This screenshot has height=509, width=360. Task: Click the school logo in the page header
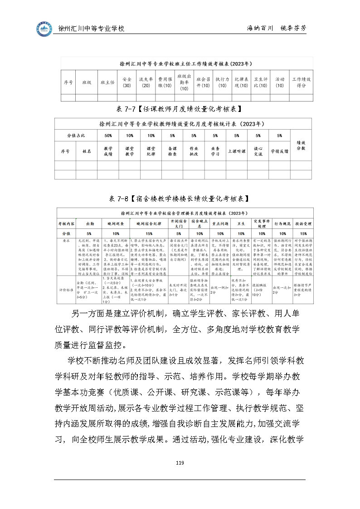tap(44, 29)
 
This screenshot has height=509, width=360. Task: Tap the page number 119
tap(180, 462)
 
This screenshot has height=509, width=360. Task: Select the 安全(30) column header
tap(127, 82)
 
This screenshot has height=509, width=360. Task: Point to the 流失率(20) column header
tap(146, 82)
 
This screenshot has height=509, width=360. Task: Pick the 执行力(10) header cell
tap(222, 82)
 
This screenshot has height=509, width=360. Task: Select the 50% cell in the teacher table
tap(108, 136)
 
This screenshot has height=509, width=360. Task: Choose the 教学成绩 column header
tap(108, 151)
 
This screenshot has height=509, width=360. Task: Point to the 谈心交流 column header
tap(258, 151)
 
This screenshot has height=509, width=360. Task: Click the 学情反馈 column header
tap(279, 151)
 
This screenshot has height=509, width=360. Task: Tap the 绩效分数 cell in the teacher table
tap(301, 145)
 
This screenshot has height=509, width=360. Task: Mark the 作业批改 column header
tap(194, 151)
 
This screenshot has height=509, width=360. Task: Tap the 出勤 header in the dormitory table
tap(89, 224)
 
